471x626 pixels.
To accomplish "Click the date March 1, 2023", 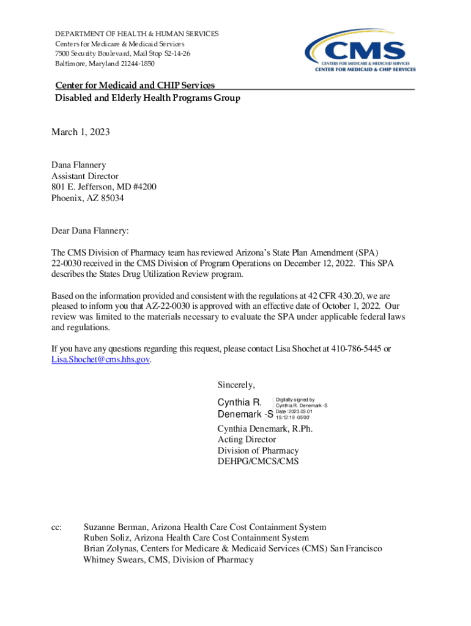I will click(80, 131).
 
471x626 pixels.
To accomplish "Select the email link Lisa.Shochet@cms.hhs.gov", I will click(100, 359).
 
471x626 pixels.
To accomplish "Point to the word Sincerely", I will click(236, 385).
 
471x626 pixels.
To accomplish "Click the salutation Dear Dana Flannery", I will click(91, 232).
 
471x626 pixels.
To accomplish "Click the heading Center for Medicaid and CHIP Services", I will click(135, 85).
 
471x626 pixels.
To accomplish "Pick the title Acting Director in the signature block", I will click(247, 440).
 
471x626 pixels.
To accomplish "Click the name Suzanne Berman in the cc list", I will click(116, 527).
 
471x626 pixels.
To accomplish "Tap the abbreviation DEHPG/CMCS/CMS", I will click(258, 462).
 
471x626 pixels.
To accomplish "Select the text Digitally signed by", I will click(295, 399).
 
